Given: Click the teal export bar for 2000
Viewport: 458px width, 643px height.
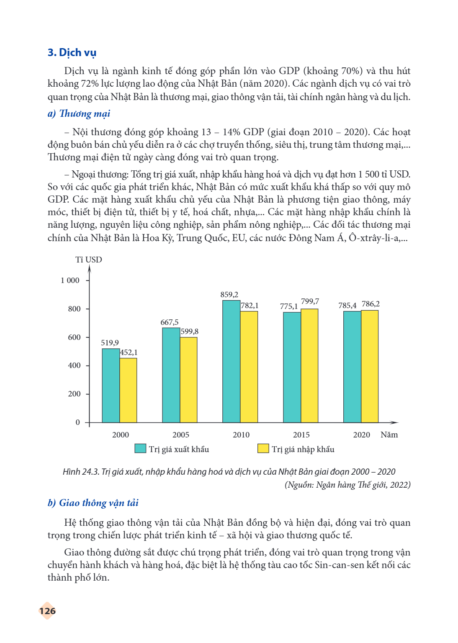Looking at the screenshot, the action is (x=111, y=386).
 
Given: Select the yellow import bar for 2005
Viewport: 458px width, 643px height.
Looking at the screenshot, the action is (x=189, y=380).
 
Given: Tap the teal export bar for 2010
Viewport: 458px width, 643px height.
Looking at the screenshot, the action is (x=232, y=361).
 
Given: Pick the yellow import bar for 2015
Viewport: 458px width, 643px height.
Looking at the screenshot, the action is (x=309, y=366).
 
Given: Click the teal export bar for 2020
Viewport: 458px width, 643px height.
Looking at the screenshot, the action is (x=353, y=367).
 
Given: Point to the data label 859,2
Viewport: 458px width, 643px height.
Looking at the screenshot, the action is (x=229, y=295).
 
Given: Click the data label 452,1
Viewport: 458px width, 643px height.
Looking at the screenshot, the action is (x=129, y=352).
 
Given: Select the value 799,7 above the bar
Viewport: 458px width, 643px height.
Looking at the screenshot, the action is (x=310, y=301).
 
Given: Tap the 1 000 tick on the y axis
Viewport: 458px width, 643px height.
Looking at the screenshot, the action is (x=70, y=280).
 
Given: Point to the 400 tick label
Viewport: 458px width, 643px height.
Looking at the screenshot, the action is (x=75, y=365).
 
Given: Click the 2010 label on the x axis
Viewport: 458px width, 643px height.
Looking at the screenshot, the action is (x=241, y=435).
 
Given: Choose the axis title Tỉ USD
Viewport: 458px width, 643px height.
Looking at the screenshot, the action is (x=89, y=260).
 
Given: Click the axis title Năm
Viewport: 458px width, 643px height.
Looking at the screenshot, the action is (x=389, y=435).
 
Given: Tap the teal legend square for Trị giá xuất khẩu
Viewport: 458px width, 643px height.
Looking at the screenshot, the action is (x=140, y=448).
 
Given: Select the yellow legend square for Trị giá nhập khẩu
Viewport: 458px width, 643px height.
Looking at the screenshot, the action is (x=263, y=448).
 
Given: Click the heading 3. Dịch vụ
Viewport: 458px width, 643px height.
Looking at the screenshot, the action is (x=72, y=52).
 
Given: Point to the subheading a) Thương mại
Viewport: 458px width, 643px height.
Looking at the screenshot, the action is (x=79, y=114).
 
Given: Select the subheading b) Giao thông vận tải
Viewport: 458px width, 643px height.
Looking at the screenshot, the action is (x=93, y=503).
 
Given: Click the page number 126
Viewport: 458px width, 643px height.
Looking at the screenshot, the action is (x=48, y=611).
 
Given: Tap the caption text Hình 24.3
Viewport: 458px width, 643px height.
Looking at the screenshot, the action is (x=81, y=472).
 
